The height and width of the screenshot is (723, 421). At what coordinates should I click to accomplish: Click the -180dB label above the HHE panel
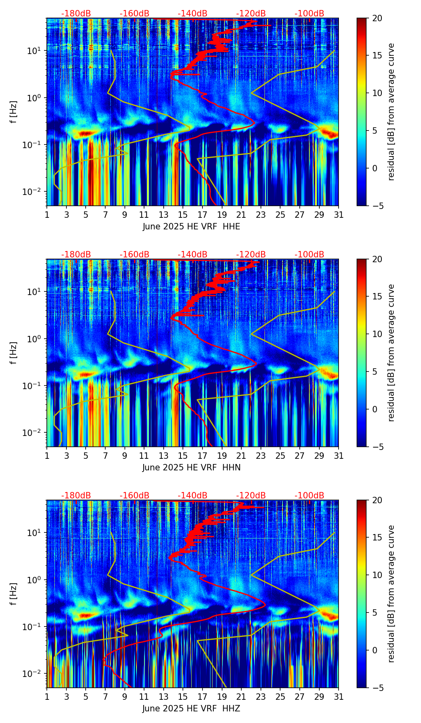pos(76,14)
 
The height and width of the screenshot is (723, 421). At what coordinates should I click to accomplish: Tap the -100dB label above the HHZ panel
pos(309,496)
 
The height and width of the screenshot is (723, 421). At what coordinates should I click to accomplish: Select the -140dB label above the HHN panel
pos(192,255)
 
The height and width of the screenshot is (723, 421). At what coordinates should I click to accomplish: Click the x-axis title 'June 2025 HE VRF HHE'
pos(191,227)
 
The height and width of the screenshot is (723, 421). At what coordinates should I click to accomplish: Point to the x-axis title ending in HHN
pos(191,468)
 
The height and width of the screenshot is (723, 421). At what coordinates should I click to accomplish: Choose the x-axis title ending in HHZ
pos(191,709)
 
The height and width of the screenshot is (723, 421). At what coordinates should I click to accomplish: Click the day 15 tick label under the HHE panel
pos(183,215)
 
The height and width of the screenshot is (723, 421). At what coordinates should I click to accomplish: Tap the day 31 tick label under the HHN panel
pos(339,456)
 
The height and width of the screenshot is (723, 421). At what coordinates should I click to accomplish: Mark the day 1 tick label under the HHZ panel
pos(47,697)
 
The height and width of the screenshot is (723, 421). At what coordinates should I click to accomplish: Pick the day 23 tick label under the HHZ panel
pos(261,697)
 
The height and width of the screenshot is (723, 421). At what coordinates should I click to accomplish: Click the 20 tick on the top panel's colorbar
pos(377,18)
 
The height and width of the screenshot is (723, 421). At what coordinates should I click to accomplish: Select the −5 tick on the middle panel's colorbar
pos(377,447)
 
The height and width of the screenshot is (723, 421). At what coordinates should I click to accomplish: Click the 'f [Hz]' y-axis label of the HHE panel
pos(14,112)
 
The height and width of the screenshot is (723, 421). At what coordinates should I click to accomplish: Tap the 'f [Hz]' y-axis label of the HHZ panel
pos(14,594)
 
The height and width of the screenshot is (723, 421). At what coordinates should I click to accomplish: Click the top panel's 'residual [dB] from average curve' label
pos(391,112)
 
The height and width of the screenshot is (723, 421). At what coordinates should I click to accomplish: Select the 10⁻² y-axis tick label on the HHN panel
pos(34,432)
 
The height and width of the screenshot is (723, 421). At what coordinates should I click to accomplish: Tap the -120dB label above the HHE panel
pos(251,14)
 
